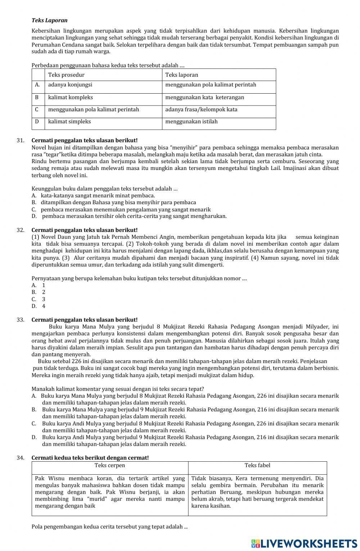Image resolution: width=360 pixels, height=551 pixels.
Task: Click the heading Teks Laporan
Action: click(x=49, y=21)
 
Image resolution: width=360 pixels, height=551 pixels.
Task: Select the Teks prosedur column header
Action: click(x=66, y=75)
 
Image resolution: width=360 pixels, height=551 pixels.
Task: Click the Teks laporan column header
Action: click(x=181, y=75)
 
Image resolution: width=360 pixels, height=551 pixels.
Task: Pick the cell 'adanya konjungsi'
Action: click(x=70, y=85)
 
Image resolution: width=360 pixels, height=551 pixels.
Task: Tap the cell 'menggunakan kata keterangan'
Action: click(x=204, y=97)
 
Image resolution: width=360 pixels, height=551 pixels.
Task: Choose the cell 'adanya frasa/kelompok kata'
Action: click(x=201, y=109)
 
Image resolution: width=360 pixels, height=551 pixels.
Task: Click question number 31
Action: click(x=21, y=140)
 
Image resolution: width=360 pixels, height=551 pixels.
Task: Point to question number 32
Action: click(x=21, y=230)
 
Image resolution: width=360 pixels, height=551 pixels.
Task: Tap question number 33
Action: click(x=21, y=320)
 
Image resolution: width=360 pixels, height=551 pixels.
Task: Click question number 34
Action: click(x=21, y=458)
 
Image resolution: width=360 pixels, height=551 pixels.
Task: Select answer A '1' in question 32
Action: click(x=39, y=285)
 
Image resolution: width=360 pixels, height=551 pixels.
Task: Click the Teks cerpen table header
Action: click(x=110, y=465)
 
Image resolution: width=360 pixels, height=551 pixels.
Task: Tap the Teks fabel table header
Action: click(x=257, y=465)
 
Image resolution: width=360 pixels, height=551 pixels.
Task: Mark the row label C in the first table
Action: click(x=37, y=109)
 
